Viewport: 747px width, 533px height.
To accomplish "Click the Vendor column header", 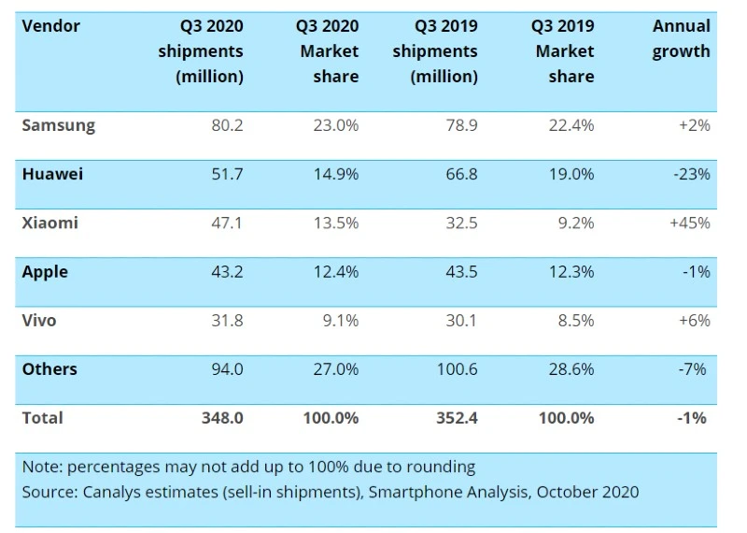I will click(51, 26).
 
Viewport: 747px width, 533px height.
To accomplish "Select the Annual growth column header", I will click(682, 38).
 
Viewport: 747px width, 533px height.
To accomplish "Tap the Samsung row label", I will click(59, 125).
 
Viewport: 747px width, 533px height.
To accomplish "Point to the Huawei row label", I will click(53, 174).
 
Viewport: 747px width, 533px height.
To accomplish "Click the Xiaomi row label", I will click(50, 223).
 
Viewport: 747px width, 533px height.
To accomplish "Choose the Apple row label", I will click(46, 271).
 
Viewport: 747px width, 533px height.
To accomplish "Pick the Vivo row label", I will click(39, 320).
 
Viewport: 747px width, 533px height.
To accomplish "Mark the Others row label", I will click(50, 368).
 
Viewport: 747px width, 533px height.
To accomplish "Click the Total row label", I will click(43, 417).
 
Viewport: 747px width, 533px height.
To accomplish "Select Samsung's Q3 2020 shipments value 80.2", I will click(227, 125).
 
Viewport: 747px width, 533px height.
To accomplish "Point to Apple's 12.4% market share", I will click(336, 271).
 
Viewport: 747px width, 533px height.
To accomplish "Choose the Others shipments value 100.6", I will click(457, 368).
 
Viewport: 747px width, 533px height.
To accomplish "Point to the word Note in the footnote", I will click(41, 466).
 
